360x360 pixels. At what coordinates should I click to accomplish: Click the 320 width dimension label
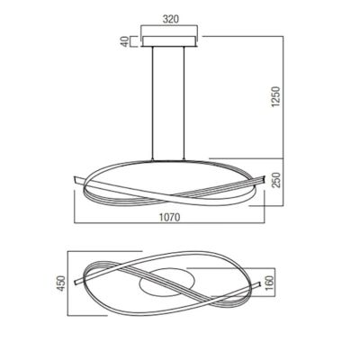[x=171, y=19]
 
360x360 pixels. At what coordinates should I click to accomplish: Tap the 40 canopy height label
[x=124, y=41]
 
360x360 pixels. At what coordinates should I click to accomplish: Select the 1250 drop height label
[x=275, y=97]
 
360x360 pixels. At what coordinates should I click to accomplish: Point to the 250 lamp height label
[x=275, y=180]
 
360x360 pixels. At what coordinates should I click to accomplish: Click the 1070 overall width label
[x=169, y=217]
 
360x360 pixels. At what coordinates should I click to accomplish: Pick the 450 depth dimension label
[x=61, y=283]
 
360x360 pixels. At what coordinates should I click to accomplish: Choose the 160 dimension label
[x=270, y=283]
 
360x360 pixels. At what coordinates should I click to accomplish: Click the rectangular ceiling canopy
[x=169, y=41]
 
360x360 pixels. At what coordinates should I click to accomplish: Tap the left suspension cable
[x=153, y=103]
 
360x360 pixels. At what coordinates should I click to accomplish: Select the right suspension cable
[x=184, y=103]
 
